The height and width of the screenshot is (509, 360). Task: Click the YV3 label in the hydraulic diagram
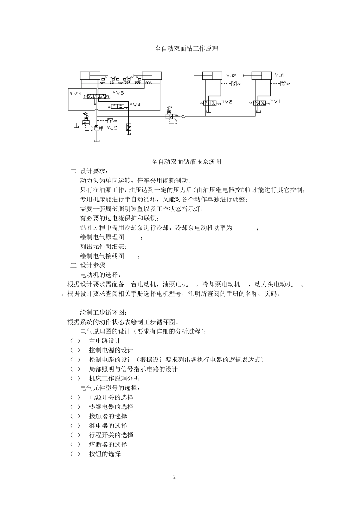[75, 93]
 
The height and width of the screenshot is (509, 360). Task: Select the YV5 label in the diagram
[118, 93]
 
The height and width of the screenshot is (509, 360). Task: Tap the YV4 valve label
[135, 105]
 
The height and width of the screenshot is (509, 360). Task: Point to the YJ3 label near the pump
[112, 128]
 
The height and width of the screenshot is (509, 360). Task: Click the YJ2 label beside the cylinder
[231, 76]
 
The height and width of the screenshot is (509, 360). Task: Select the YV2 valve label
[227, 102]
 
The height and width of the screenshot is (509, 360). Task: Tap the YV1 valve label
[275, 101]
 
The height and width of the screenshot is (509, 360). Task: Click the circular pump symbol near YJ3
[97, 128]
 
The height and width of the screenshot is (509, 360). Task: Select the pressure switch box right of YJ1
[283, 83]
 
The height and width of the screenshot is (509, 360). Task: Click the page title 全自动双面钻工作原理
[186, 48]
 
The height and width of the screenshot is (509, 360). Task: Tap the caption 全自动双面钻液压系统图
[186, 162]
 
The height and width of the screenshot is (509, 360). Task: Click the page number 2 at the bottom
[174, 477]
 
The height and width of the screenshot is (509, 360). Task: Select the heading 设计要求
[94, 171]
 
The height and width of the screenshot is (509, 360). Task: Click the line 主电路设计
[105, 341]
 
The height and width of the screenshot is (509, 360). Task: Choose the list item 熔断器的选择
[108, 445]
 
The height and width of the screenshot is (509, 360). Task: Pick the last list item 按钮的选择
[105, 454]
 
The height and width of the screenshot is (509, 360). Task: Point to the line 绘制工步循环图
[104, 312]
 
